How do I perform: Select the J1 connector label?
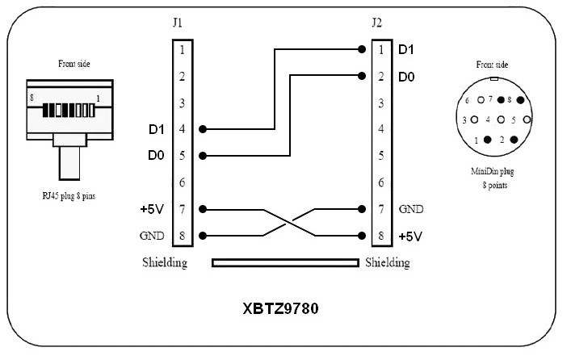178,22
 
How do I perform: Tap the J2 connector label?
376,22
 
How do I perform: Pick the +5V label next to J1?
152,210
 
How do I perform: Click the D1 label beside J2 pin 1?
406,50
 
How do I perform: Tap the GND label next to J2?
409,210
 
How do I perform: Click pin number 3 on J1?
183,103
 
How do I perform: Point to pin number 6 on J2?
380,183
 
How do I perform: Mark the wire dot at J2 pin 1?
360,50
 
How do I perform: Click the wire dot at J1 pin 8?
202,237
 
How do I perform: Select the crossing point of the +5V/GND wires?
281,223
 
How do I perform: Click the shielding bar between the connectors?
284,262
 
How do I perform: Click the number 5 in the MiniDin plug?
515,119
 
